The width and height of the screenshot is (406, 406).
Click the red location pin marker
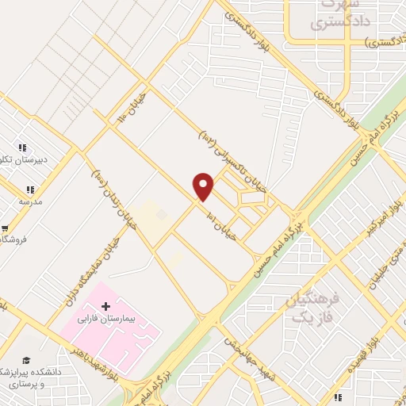pos(204,186)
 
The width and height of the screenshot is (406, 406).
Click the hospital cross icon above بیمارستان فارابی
pos(106,305)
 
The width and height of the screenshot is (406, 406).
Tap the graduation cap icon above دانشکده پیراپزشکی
pos(25,362)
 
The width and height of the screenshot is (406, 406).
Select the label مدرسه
pos(30,201)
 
